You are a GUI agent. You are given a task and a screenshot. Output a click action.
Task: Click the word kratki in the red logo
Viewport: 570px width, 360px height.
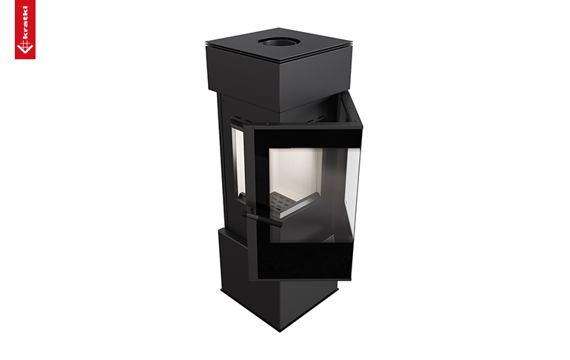pos(25,22)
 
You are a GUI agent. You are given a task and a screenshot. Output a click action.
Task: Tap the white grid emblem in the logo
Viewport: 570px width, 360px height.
pos(25,47)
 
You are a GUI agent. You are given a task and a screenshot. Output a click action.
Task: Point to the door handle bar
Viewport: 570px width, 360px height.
pos(263,219)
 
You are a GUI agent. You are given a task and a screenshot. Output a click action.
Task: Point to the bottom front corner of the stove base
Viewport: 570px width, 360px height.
pos(280,330)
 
